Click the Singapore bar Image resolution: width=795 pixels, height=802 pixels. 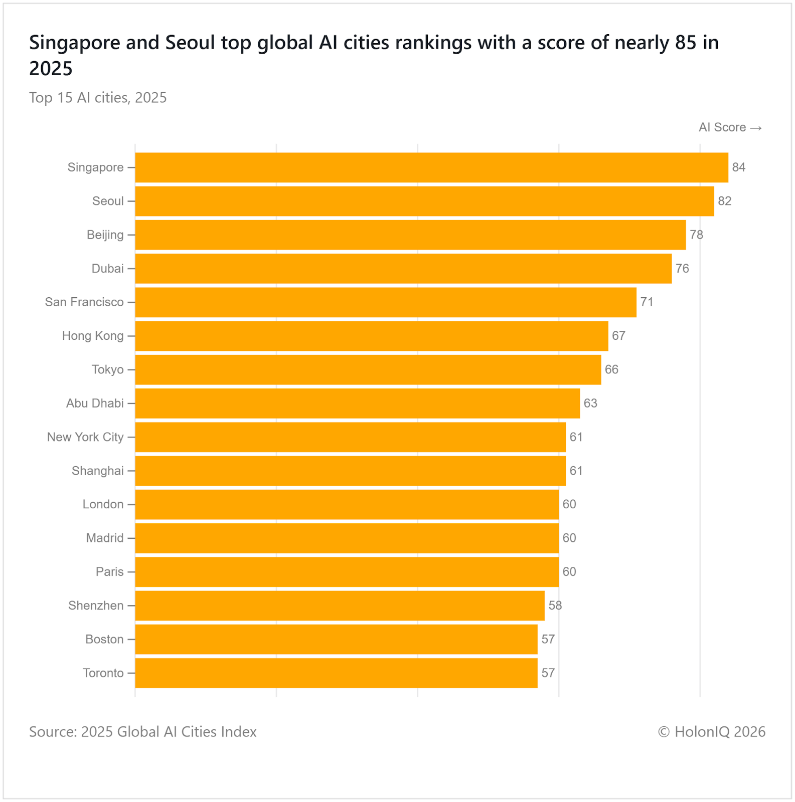(x=431, y=167)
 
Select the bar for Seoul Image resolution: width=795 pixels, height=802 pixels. (x=424, y=201)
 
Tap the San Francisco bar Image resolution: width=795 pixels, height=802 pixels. (x=386, y=302)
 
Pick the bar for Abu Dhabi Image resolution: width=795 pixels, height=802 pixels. (x=358, y=403)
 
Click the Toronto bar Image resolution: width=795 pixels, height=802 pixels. (x=336, y=673)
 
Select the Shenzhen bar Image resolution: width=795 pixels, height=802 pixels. (x=340, y=606)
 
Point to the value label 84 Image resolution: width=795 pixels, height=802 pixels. (x=738, y=167)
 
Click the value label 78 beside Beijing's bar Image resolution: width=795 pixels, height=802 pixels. (x=696, y=235)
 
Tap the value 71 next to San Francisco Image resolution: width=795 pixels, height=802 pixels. (x=647, y=302)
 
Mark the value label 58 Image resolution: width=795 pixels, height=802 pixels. (x=555, y=606)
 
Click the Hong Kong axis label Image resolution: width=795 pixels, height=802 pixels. (x=93, y=336)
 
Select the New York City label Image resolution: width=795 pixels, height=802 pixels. (x=85, y=437)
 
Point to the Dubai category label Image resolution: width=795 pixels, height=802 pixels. (x=107, y=269)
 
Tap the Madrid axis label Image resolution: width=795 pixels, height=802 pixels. (x=104, y=538)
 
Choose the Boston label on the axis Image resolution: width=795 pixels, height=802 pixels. (x=104, y=639)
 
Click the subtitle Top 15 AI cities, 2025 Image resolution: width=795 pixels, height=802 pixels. (x=98, y=97)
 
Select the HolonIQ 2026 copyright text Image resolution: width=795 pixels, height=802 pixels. (x=712, y=732)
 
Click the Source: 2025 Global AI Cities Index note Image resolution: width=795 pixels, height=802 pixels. (x=143, y=732)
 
